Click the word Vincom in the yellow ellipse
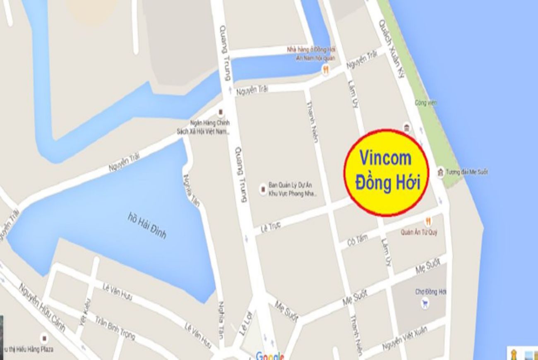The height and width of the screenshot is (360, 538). [385, 158]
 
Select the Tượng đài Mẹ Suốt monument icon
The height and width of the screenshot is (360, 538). [441, 171]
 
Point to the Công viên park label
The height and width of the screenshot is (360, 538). [426, 102]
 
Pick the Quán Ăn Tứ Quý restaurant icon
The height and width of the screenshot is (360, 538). [428, 222]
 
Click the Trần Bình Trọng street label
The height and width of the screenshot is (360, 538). [115, 329]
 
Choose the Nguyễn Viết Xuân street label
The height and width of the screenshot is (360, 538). [410, 338]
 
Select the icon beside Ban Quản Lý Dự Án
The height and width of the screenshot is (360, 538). [262, 190]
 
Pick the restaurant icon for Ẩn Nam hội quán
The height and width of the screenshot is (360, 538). [326, 70]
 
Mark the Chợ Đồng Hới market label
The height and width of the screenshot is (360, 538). [431, 292]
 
